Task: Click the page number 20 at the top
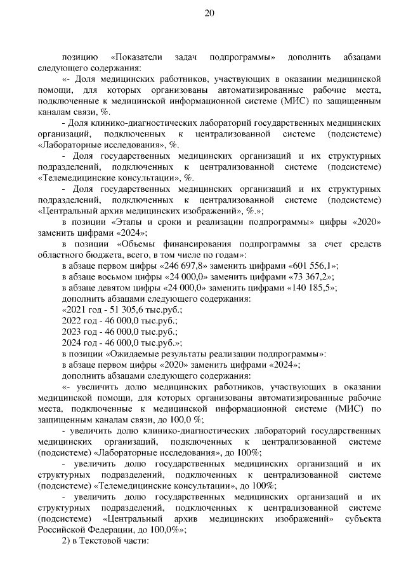click(x=210, y=13)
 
